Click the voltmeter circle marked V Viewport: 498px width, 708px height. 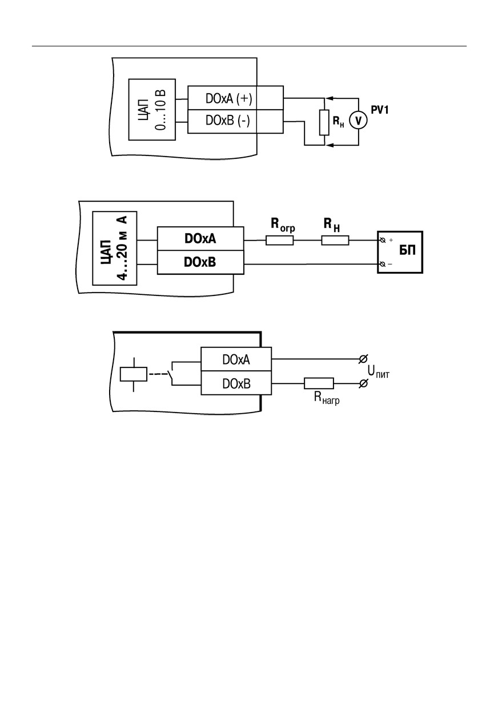pos(358,121)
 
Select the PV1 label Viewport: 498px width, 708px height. pos(380,110)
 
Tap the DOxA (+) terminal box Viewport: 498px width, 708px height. pos(235,98)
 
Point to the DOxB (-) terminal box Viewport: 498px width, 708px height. pos(235,121)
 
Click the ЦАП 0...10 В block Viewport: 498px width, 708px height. pos(152,109)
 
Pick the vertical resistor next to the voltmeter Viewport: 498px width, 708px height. pos(324,122)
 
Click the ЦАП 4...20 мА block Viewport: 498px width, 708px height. pos(115,248)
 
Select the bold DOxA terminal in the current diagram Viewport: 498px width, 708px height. pos(200,239)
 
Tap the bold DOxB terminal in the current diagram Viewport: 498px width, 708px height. pos(200,262)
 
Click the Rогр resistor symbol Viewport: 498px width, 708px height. pos(279,241)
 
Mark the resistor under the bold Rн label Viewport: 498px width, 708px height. pos(335,241)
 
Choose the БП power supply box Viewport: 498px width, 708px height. pos(400,252)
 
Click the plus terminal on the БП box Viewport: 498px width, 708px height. pos(383,240)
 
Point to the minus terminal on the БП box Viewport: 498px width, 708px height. pos(383,264)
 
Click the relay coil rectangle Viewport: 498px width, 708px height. pos(134,374)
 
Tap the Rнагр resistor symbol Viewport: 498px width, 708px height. pos(319,383)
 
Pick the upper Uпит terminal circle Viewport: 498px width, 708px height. pos(363,359)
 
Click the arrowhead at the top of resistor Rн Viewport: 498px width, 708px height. pos(328,98)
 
